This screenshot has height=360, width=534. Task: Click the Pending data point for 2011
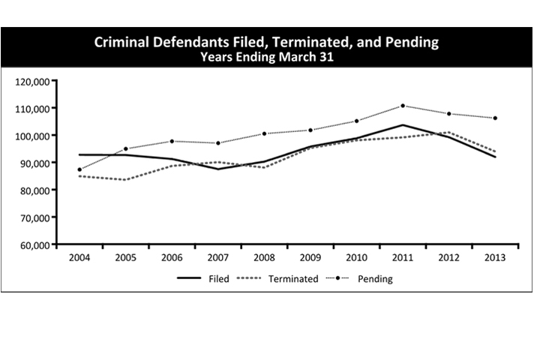tap(403, 106)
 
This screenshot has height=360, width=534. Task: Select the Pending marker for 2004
tap(79, 169)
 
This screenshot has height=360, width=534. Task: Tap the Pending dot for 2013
tap(496, 118)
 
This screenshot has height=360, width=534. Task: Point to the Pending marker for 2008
tap(264, 133)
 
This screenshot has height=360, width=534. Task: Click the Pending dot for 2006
tap(172, 141)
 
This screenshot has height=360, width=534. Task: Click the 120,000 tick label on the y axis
tap(32, 81)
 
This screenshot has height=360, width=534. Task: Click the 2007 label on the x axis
tap(218, 258)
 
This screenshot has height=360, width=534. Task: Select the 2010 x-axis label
tap(357, 258)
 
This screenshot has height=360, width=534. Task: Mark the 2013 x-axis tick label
tap(496, 258)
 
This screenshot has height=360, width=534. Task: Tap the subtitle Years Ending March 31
tap(267, 56)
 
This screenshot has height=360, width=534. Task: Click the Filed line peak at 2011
tap(403, 125)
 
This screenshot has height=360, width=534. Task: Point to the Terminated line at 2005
tap(126, 179)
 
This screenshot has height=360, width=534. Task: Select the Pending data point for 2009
tap(310, 130)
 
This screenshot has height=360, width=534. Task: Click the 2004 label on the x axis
tap(79, 258)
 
